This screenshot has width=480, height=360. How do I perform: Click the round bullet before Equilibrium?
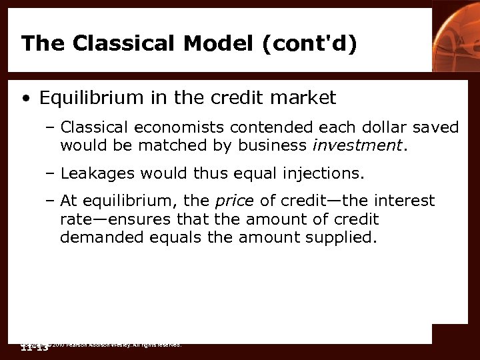(25, 99)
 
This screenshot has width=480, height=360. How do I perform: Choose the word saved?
(437, 127)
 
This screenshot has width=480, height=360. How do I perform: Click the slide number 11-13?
(35, 348)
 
